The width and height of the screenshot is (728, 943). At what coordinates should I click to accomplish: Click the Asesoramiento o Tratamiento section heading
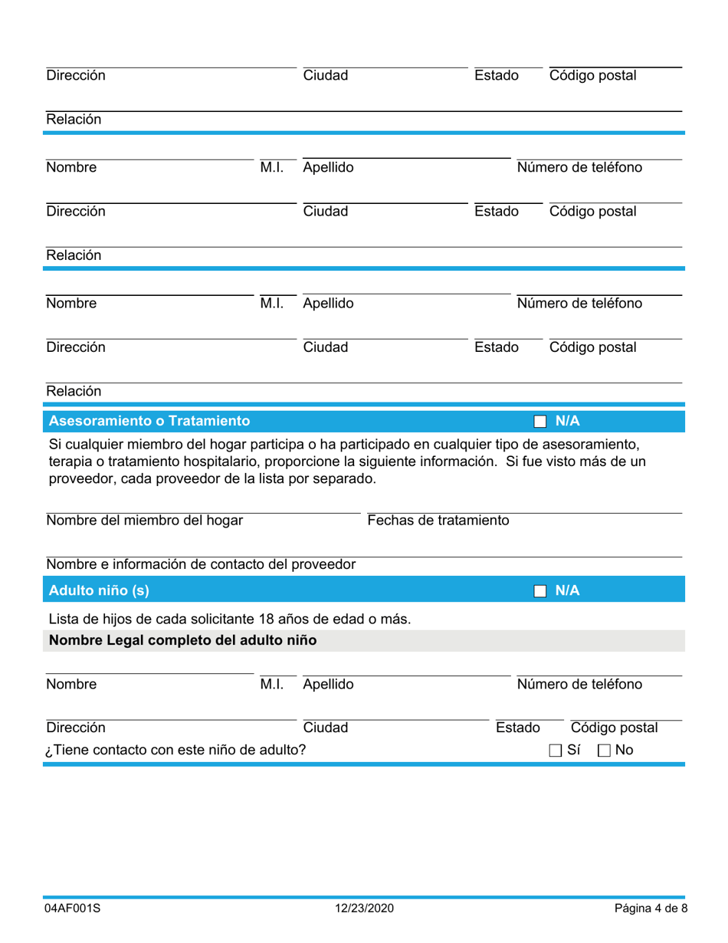(149, 421)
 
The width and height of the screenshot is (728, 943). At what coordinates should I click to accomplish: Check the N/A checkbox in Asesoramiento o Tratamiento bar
(539, 421)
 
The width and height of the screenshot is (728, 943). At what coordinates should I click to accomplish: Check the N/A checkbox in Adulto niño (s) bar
(539, 591)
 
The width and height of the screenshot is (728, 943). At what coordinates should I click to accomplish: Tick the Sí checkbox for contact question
(556, 750)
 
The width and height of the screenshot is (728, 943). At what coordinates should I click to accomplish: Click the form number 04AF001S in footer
(72, 909)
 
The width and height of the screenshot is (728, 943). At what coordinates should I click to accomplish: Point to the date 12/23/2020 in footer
(364, 909)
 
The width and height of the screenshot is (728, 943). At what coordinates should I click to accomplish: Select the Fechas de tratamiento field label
(438, 521)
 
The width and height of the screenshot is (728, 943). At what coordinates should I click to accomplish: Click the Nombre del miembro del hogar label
(146, 521)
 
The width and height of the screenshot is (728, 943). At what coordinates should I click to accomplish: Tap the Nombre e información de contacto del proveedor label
(202, 565)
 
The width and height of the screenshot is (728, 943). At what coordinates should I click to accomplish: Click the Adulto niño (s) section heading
(98, 591)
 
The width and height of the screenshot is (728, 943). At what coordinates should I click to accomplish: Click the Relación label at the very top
(74, 120)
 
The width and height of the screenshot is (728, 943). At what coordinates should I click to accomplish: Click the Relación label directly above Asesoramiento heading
(74, 391)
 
